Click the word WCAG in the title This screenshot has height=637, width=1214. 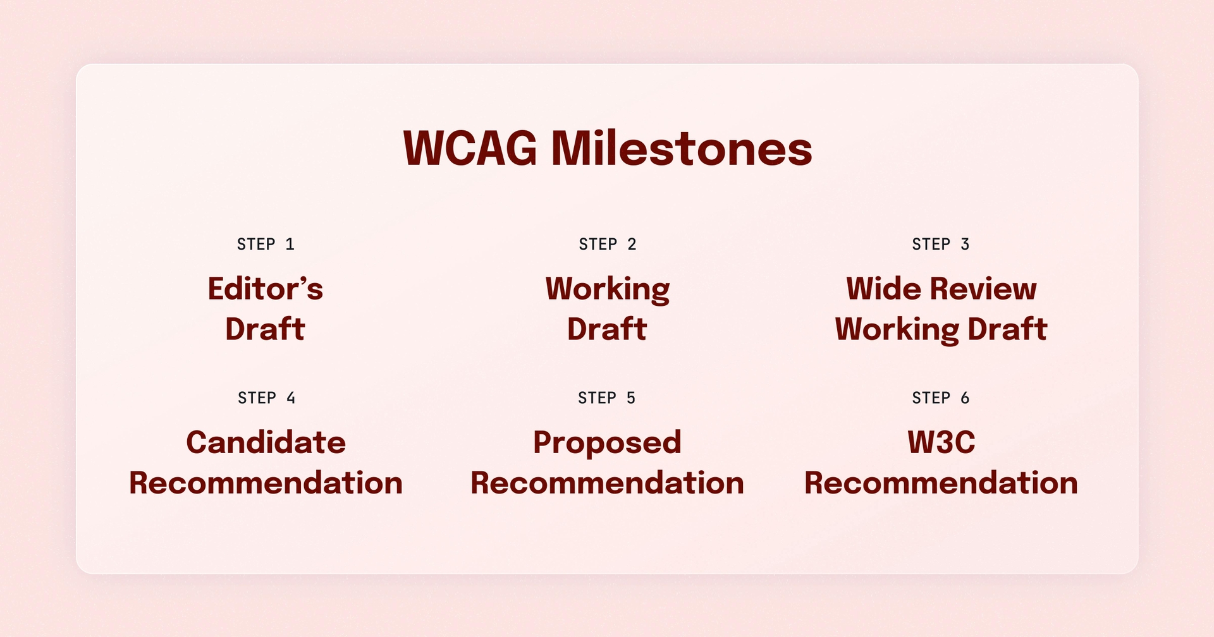coord(470,149)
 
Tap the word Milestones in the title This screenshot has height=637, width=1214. coord(682,149)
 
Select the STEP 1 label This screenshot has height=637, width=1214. coord(266,245)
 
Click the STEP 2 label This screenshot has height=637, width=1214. coord(607,245)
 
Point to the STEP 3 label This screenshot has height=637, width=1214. coord(940,245)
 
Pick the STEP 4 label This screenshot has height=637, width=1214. coord(266,398)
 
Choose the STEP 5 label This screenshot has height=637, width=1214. coord(606,398)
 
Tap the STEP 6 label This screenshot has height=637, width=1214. coord(940,398)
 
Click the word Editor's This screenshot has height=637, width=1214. coord(266,289)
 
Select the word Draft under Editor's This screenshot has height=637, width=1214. coord(266,329)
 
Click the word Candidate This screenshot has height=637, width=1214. coord(266,442)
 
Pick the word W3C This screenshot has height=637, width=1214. coord(941,442)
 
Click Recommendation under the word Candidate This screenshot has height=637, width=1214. coord(266,483)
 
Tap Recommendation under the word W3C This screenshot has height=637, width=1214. coord(941,483)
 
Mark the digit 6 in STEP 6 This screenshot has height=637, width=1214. coord(965,398)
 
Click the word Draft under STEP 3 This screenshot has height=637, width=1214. coord(1007,329)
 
